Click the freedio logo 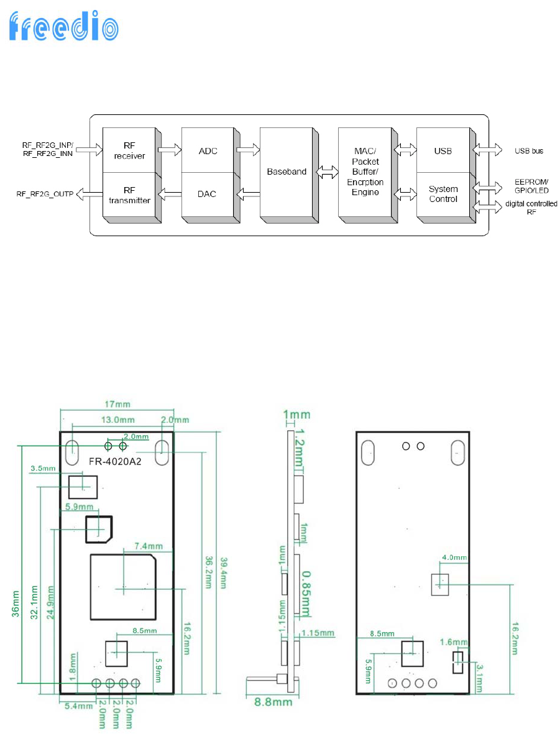point(63,27)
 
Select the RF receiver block point(130,150)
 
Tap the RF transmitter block point(130,196)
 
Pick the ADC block point(208,150)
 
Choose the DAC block point(208,196)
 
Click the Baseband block point(287,174)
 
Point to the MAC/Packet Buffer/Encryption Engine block point(365,174)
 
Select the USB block point(444,150)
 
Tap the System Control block point(444,196)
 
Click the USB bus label point(529,151)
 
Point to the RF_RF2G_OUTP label point(45,194)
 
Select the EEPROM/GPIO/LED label point(531,186)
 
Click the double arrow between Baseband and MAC point(328,172)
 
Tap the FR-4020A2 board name point(115,462)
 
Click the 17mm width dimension point(117,404)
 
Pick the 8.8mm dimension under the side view point(273,702)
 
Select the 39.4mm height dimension point(224,573)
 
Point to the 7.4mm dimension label point(149,546)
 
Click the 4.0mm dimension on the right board point(454,557)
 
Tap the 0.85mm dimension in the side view point(306,594)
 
